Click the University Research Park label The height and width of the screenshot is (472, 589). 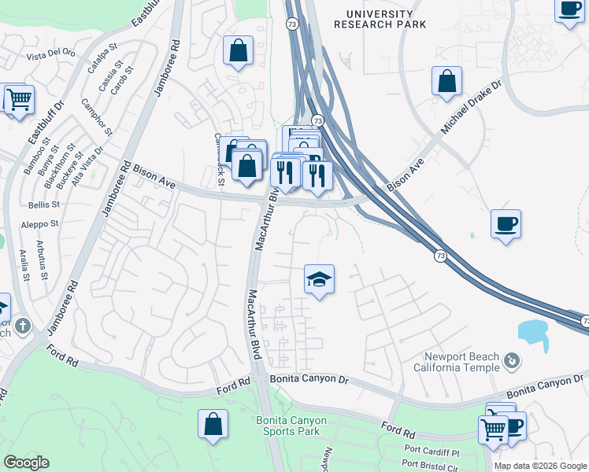point(380,20)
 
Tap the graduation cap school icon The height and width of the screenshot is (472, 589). point(319,280)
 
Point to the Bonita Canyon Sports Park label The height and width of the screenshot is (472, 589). point(291,426)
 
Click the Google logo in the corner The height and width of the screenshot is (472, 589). point(26,463)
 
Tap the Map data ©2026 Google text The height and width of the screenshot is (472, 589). point(540,466)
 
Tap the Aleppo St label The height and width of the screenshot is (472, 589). point(44,224)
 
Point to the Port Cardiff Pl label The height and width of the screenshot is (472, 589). point(432,452)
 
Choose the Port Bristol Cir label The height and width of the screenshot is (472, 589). point(430,466)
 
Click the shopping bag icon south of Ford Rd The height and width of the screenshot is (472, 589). point(213,424)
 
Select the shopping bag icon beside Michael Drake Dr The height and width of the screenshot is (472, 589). point(446,81)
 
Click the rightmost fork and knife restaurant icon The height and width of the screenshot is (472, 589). point(317,175)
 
